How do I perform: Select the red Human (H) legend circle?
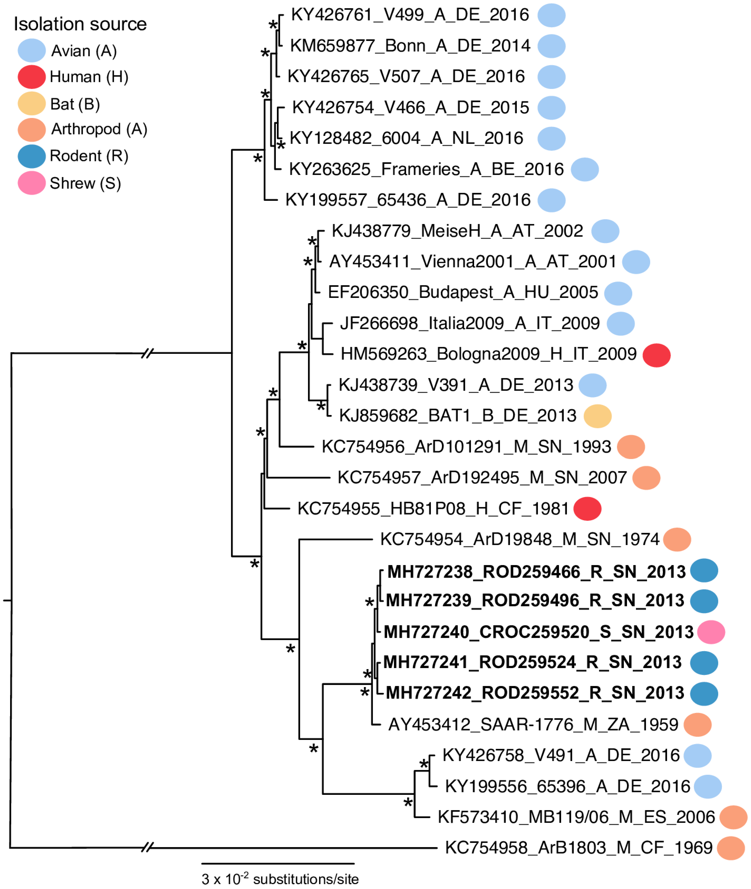(x=32, y=77)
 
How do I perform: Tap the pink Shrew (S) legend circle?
(x=32, y=183)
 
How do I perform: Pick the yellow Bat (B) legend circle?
(x=32, y=103)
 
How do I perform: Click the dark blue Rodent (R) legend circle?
(x=32, y=156)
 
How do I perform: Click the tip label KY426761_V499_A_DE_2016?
(x=410, y=15)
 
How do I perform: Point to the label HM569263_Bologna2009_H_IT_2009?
(x=488, y=354)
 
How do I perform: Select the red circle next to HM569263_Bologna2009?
(x=656, y=355)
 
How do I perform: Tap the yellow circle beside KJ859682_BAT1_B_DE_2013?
(x=597, y=416)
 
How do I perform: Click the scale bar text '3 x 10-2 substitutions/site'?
(x=280, y=879)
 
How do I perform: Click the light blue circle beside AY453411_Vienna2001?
(x=636, y=262)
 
